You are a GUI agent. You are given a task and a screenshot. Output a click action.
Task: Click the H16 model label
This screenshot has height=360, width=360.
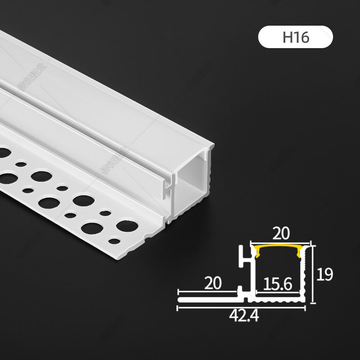coord(295,37)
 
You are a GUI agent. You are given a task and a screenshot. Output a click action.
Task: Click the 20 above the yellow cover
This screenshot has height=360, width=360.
coord(282,234)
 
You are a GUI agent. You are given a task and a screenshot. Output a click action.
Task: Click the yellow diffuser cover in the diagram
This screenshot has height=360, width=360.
coord(282,249)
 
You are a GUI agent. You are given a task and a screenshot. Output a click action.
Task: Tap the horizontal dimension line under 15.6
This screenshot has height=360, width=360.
coord(279,292)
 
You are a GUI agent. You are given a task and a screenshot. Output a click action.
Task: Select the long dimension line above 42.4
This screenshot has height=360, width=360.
coord(242,308)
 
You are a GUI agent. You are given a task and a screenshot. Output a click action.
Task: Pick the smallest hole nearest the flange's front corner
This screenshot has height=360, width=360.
coord(115,241)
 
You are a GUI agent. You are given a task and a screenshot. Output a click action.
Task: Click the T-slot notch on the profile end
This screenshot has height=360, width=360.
coord(169,185)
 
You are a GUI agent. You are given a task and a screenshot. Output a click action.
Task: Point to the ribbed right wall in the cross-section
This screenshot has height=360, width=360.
coord(307,274)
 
